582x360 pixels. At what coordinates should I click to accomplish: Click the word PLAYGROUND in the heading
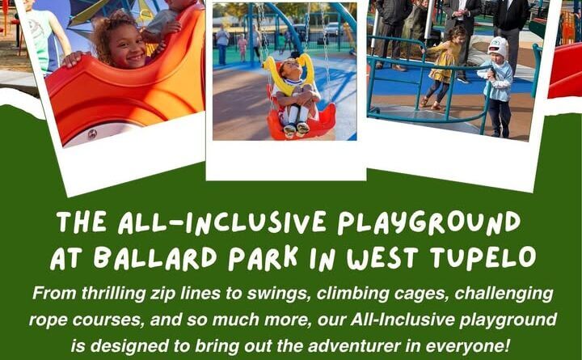coord(428,223)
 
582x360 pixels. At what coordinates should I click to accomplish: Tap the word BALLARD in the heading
coord(155,257)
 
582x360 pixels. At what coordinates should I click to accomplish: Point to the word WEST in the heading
coord(383,257)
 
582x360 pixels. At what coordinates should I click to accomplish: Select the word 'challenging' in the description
coord(504,294)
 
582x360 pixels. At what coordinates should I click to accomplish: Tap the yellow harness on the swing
coord(288,74)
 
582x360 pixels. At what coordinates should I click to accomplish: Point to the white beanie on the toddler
coord(498,47)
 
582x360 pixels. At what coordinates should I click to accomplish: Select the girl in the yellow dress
coord(444,67)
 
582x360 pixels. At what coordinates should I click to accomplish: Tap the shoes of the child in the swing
coord(296,129)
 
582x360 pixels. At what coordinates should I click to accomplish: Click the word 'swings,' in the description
coord(277,294)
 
